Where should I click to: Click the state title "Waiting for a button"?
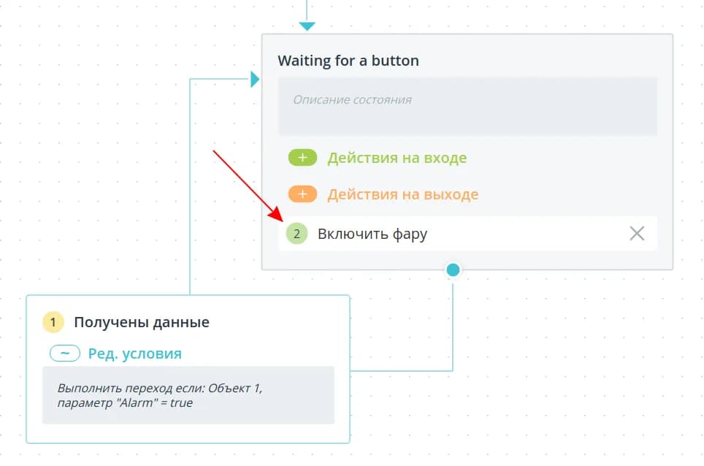click(348, 61)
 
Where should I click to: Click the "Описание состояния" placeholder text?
click(352, 99)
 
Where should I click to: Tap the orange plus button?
click(302, 194)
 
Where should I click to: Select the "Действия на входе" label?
click(397, 158)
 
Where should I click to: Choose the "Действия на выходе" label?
click(402, 194)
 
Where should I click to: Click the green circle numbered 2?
click(296, 234)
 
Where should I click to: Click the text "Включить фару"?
click(372, 234)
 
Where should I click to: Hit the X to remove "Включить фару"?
click(637, 234)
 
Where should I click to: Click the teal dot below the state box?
click(453, 270)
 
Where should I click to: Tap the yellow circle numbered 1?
click(53, 322)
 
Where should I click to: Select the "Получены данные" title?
click(142, 322)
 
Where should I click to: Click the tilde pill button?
click(65, 354)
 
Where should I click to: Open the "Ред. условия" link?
click(134, 354)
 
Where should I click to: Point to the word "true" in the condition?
click(181, 403)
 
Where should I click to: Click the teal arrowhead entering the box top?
click(307, 26)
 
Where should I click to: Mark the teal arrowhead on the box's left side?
click(255, 79)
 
